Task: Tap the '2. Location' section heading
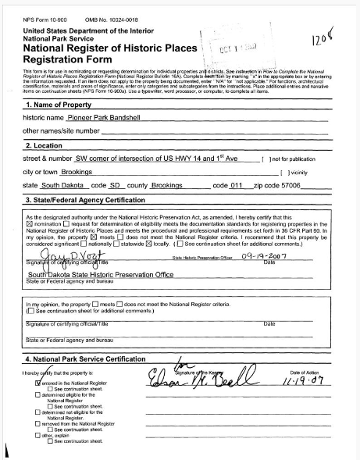pyautogui.click(x=46, y=144)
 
